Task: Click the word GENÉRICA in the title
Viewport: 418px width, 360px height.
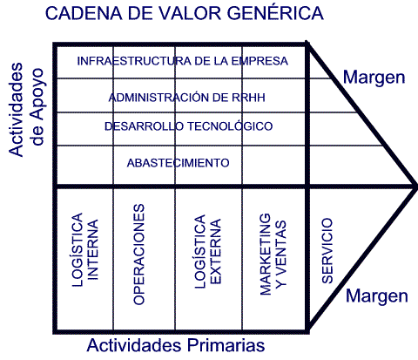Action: pyautogui.click(x=275, y=12)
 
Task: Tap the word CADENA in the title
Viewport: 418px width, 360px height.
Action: pyautogui.click(x=84, y=13)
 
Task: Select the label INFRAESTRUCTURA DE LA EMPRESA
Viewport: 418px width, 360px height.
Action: pyautogui.click(x=183, y=61)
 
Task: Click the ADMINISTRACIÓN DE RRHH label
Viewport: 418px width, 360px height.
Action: pyautogui.click(x=187, y=97)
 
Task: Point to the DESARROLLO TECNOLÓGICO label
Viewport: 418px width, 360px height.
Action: pyautogui.click(x=189, y=126)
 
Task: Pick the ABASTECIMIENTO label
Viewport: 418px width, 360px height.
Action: pyautogui.click(x=179, y=163)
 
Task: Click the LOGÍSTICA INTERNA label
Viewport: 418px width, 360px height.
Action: pyautogui.click(x=85, y=250)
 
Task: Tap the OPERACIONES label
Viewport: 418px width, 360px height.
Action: pyautogui.click(x=138, y=255)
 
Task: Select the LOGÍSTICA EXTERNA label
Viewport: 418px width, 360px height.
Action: pyautogui.click(x=207, y=251)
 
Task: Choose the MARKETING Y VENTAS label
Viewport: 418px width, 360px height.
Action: pyautogui.click(x=273, y=255)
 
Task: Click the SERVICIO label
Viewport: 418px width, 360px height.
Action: pyautogui.click(x=327, y=251)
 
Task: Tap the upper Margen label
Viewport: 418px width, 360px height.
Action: pyautogui.click(x=374, y=78)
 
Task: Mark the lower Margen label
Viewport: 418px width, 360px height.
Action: pyautogui.click(x=377, y=296)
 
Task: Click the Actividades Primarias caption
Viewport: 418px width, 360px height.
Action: pyautogui.click(x=176, y=345)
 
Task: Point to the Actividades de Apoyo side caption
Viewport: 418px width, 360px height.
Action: pyautogui.click(x=25, y=110)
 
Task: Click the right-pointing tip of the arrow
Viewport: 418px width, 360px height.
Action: pyautogui.click(x=416, y=186)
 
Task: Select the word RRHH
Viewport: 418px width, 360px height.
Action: pyautogui.click(x=248, y=98)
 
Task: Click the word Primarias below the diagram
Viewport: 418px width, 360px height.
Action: pyautogui.click(x=226, y=345)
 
